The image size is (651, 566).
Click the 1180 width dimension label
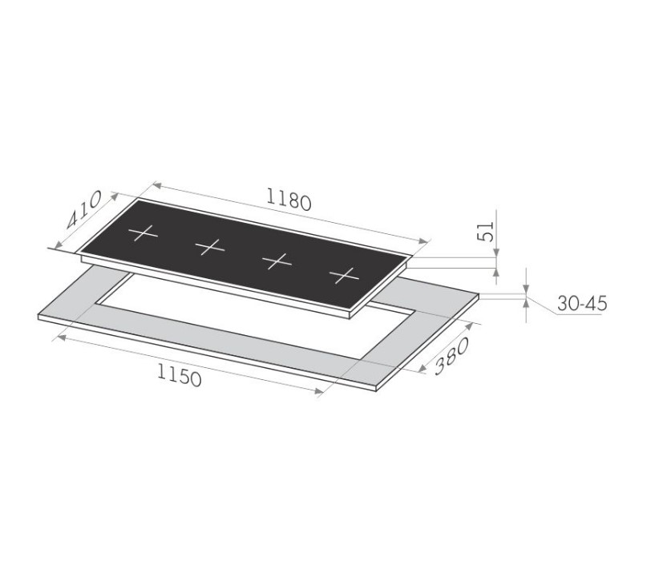point(289,199)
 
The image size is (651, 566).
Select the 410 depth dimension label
point(83,210)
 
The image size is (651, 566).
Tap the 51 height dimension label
point(486,232)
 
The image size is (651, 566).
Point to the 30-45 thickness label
point(582,304)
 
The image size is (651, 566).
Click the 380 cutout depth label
point(451,356)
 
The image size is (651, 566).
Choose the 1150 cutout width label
point(180,374)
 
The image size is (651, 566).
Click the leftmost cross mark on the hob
point(144,233)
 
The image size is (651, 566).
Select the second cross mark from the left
point(210,247)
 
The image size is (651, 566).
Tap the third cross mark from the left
point(277,261)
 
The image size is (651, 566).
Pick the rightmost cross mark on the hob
point(344,276)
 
